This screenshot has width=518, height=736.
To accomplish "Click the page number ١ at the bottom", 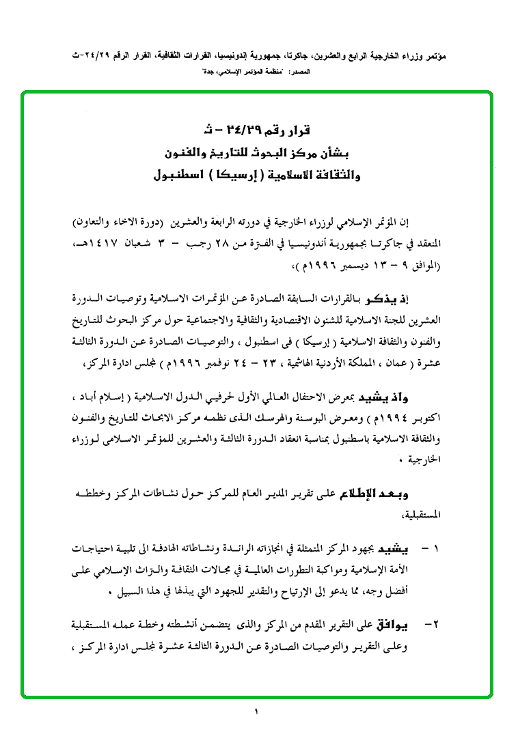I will (258, 713).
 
